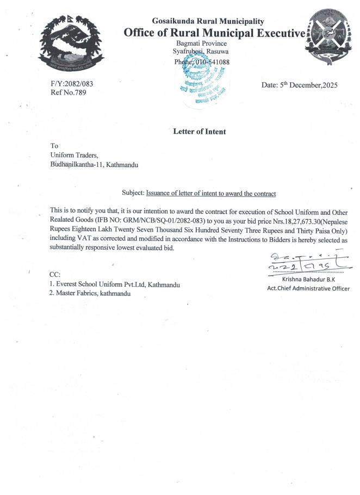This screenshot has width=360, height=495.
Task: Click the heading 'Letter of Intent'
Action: pyautogui.click(x=199, y=132)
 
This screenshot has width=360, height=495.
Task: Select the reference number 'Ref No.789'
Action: pyautogui.click(x=67, y=92)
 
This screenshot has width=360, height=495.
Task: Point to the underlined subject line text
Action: pyautogui.click(x=211, y=194)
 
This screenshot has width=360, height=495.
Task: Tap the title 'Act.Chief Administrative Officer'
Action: pyautogui.click(x=308, y=289)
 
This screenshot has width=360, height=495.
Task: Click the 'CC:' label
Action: pyautogui.click(x=55, y=275)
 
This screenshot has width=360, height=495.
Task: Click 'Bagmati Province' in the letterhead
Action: pyautogui.click(x=202, y=43)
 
